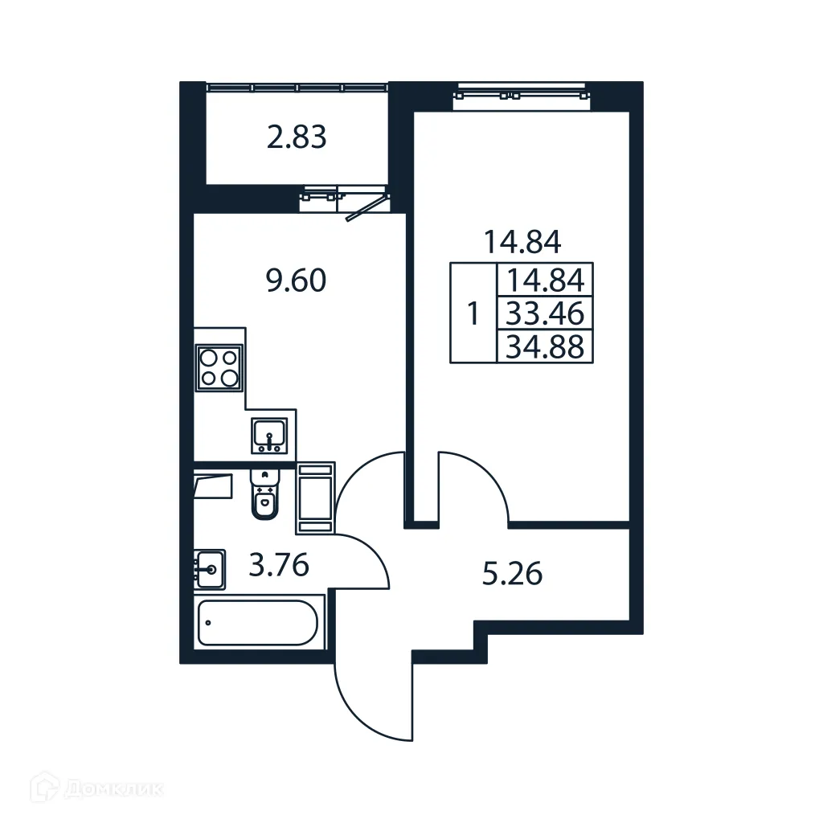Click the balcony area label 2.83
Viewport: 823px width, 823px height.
point(297,138)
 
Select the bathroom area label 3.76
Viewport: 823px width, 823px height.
point(279,567)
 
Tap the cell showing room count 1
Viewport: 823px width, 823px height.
point(473,313)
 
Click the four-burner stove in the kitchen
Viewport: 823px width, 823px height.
point(219,368)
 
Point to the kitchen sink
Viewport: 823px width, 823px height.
point(269,436)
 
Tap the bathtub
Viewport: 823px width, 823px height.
point(258,622)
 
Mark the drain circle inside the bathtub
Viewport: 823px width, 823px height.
point(208,622)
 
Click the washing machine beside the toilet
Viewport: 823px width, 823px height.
point(315,498)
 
